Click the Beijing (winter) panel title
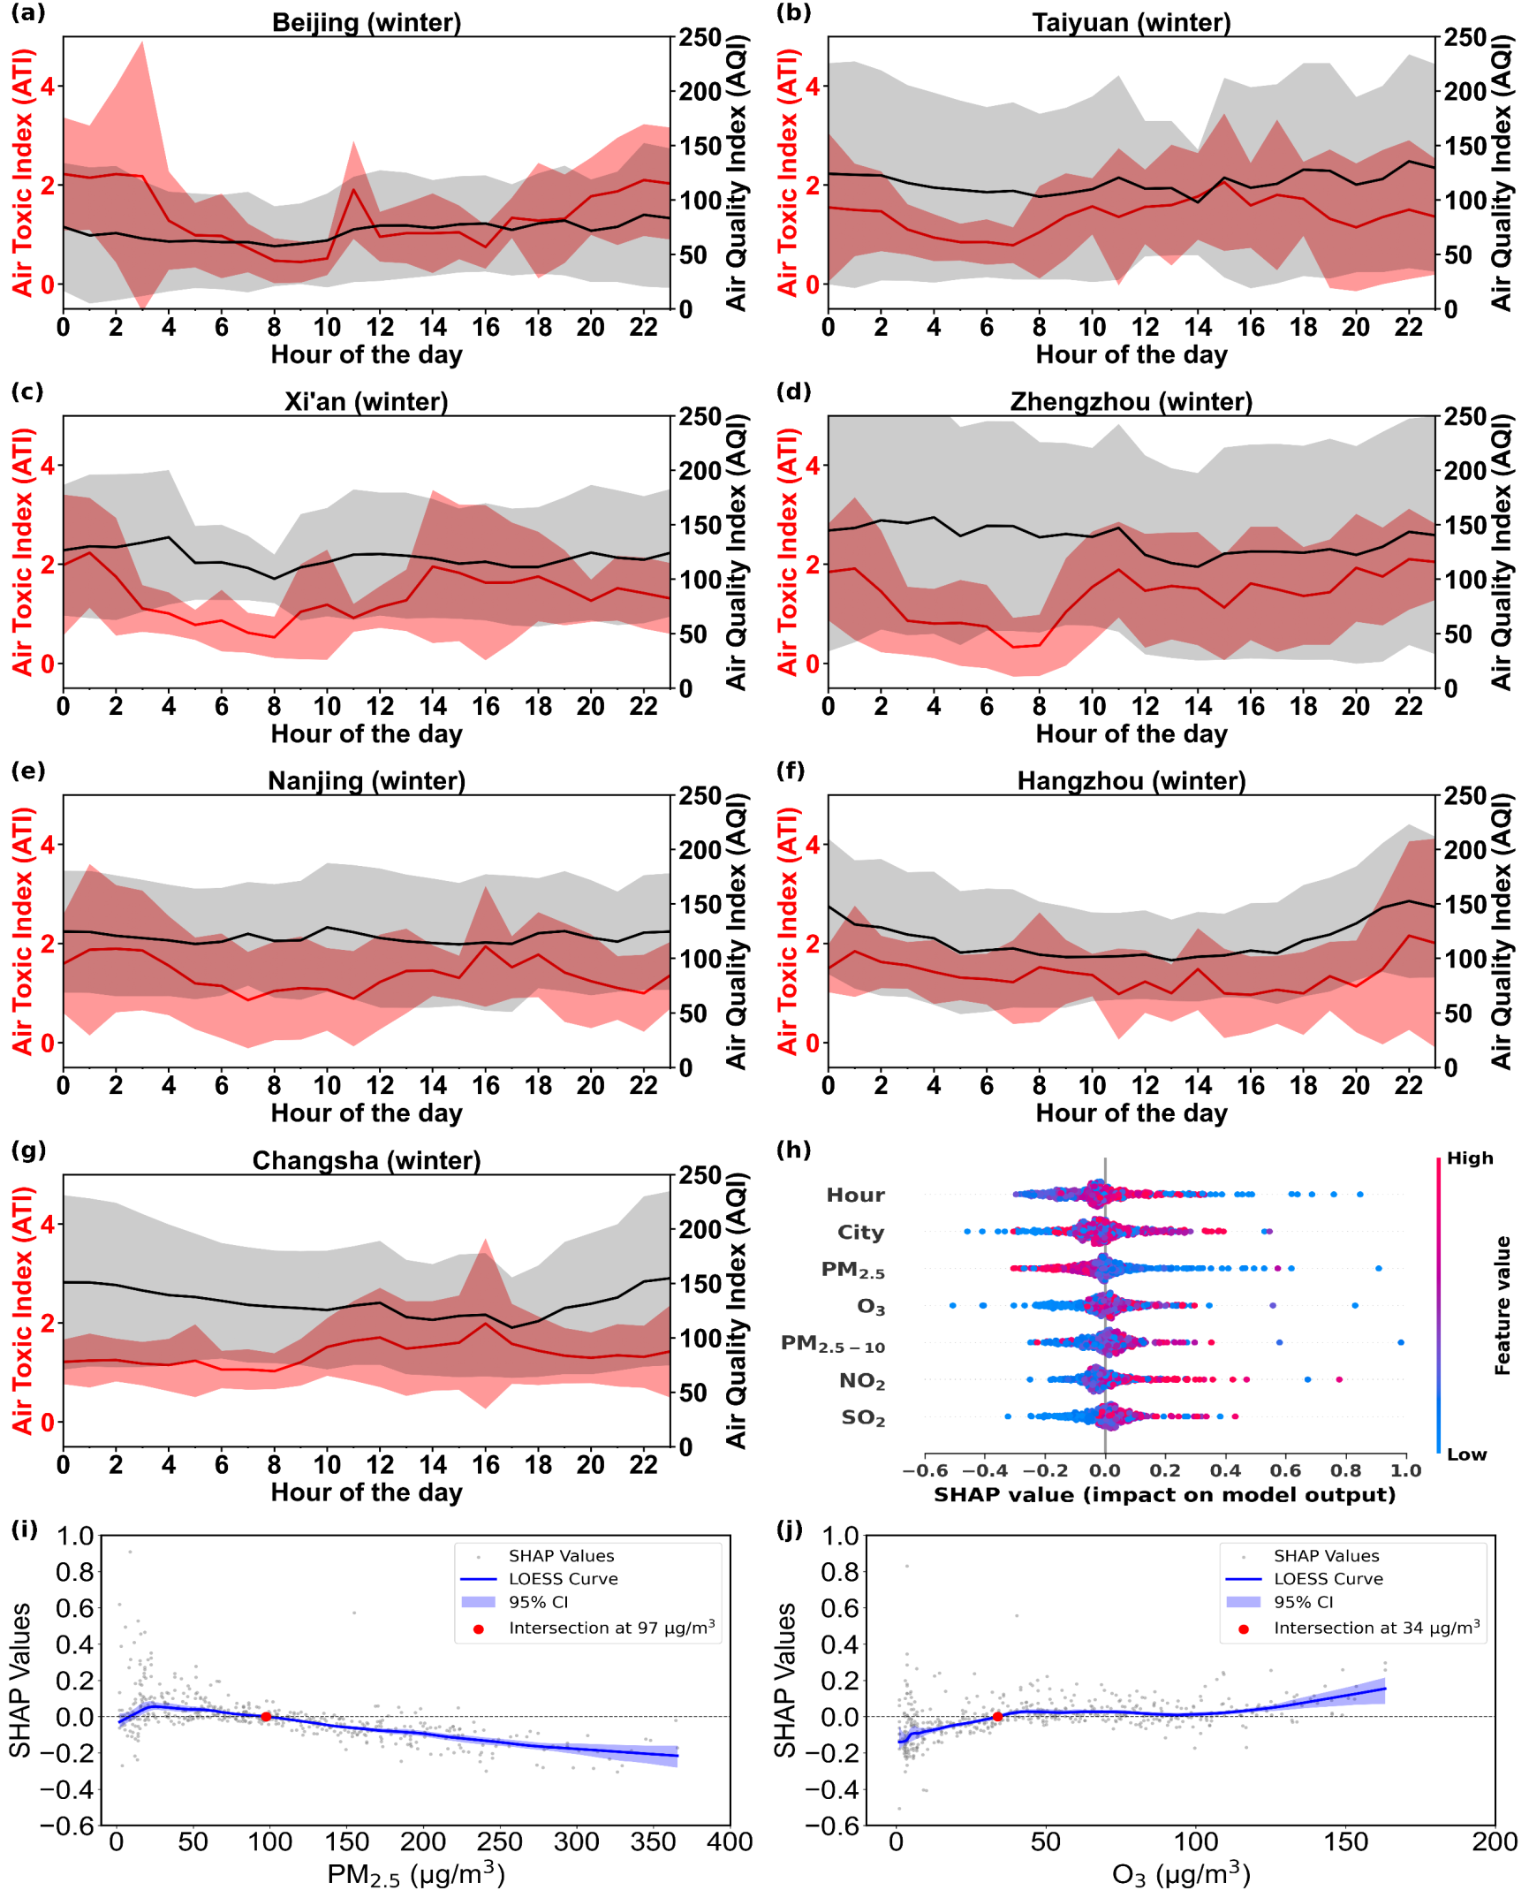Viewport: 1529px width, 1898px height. (367, 22)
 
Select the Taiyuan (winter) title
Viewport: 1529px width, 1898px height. (1132, 22)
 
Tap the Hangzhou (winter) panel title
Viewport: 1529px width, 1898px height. (1132, 781)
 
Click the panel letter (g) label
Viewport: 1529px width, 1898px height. (27, 1150)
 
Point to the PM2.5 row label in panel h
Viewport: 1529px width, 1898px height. (852, 1270)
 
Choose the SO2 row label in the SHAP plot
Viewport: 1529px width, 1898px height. (862, 1418)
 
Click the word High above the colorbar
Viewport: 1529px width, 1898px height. (1470, 1158)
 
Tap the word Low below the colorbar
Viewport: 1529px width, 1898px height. (1466, 1454)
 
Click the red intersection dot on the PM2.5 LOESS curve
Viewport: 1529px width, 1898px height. (266, 1717)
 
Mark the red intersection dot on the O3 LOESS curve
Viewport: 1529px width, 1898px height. (997, 1717)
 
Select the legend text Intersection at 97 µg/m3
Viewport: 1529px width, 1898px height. (611, 1628)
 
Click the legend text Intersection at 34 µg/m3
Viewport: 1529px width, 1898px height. (1376, 1628)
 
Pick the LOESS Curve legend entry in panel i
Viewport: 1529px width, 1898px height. (563, 1579)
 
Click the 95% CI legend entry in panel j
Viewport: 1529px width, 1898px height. (1303, 1602)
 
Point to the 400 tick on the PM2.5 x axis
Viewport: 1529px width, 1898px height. (730, 1841)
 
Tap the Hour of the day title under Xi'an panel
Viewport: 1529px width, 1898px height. (367, 733)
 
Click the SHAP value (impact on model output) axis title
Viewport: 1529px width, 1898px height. (1164, 1494)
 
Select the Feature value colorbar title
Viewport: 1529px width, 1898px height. (1503, 1305)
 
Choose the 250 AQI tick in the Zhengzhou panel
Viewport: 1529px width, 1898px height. (1465, 416)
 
